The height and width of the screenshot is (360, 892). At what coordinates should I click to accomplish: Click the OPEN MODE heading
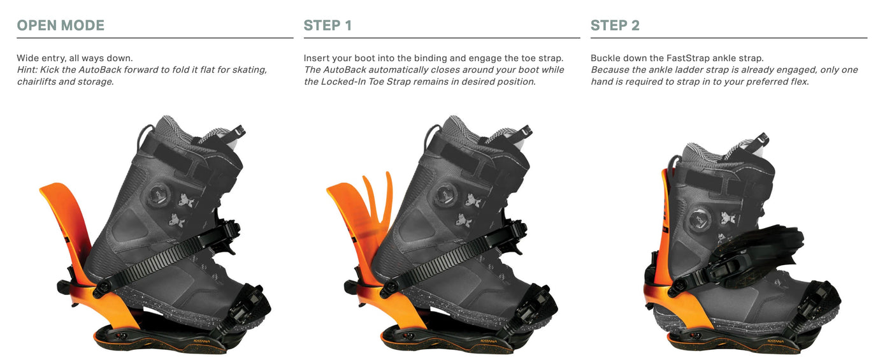(61, 25)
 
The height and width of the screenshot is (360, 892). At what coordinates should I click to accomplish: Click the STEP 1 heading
(327, 25)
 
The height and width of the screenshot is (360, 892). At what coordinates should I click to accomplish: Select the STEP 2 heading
(615, 25)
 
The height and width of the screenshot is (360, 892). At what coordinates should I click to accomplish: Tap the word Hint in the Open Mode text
(27, 69)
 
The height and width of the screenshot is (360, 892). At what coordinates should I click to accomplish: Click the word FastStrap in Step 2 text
(686, 58)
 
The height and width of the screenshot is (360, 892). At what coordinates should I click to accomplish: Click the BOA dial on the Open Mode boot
(159, 195)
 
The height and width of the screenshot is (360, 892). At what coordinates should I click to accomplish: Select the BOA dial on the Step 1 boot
(446, 195)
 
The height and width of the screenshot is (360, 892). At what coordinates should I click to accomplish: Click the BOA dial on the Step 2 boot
(700, 219)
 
